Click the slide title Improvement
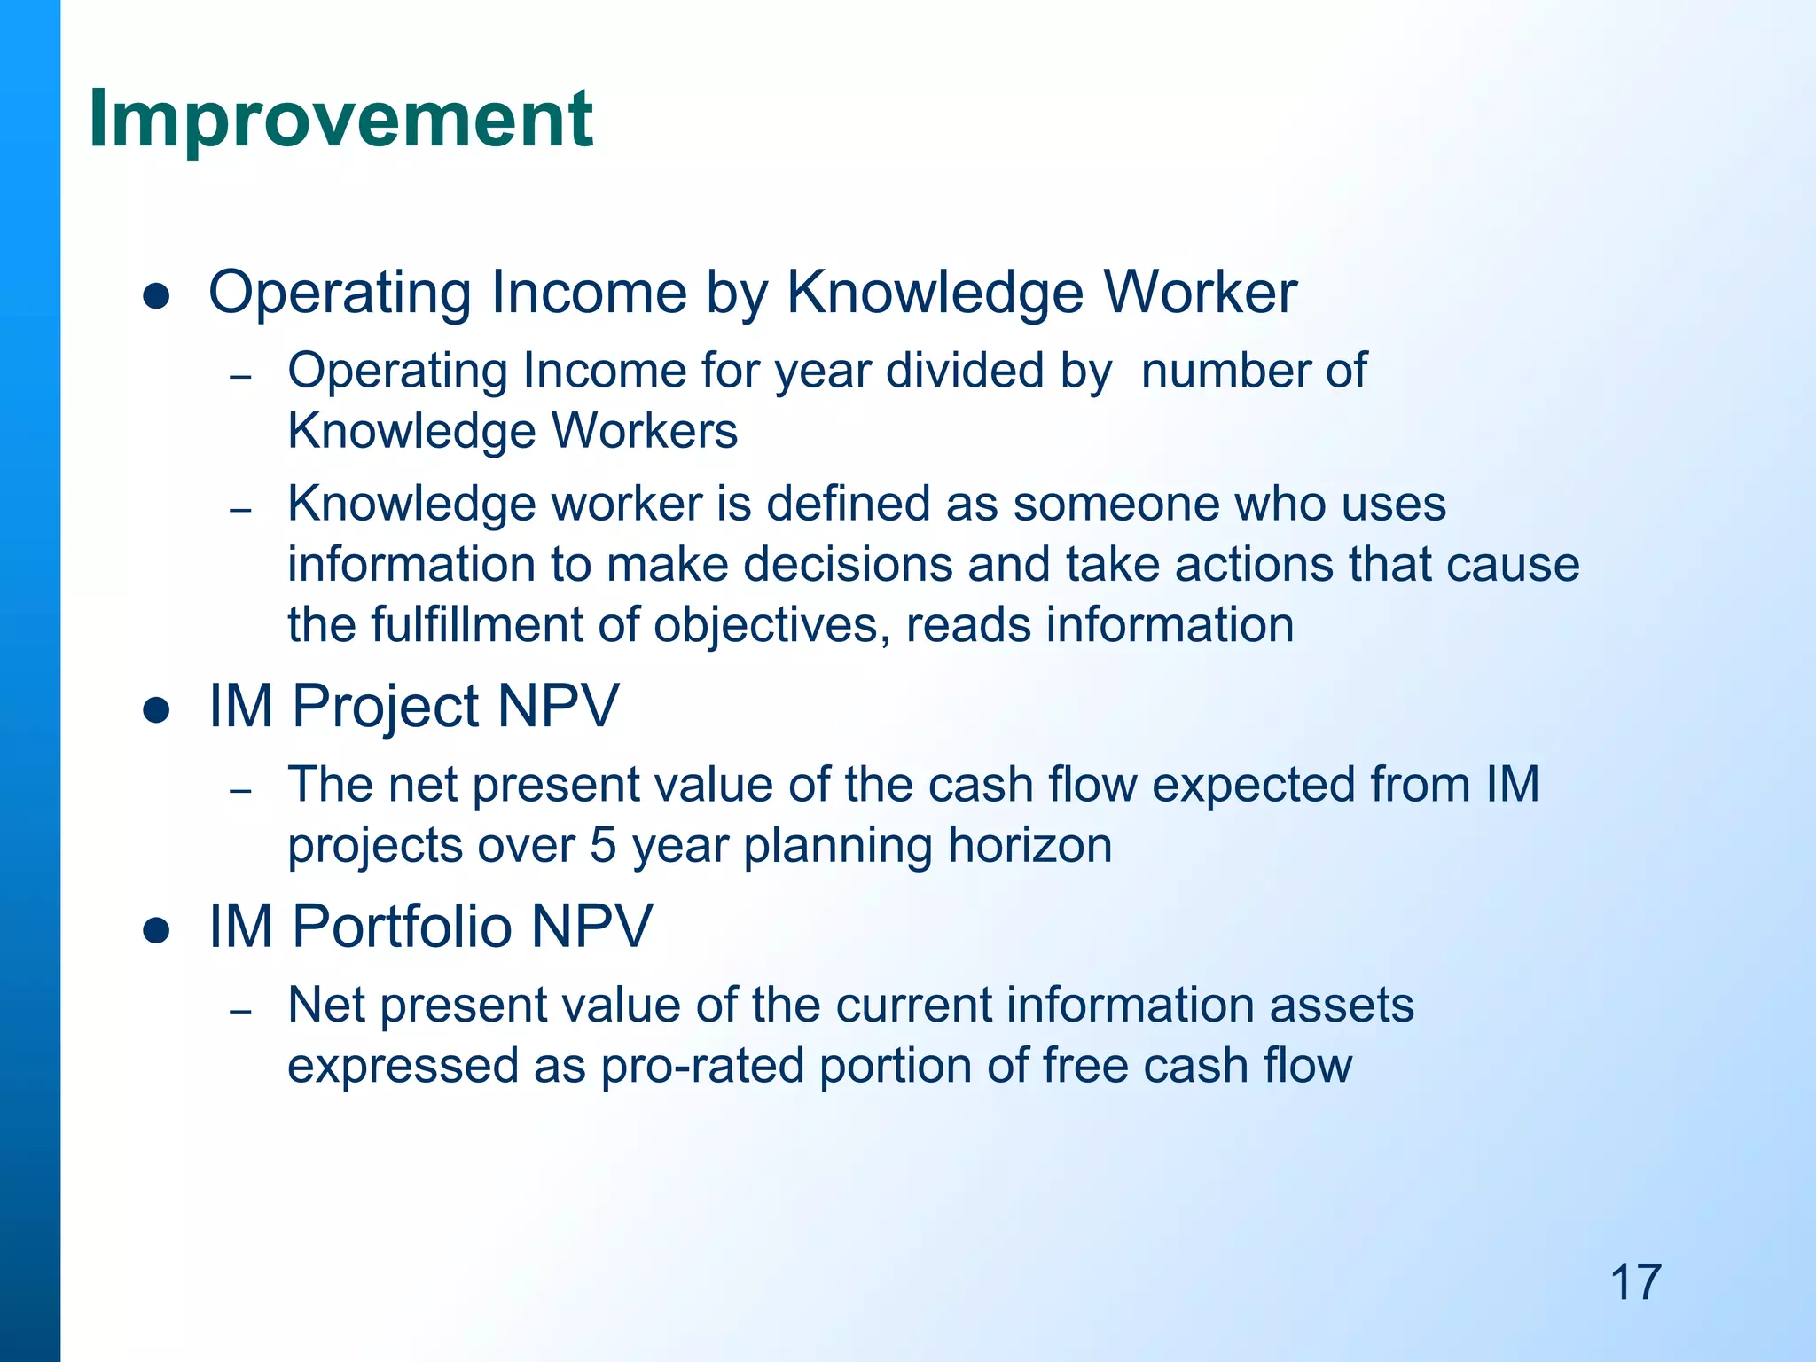coord(340,120)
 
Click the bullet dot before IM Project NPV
coord(156,710)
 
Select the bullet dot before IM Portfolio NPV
coord(156,930)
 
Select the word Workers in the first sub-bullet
coord(645,432)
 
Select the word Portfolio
coord(403,927)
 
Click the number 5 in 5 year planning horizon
coord(603,845)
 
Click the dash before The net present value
coord(240,790)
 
